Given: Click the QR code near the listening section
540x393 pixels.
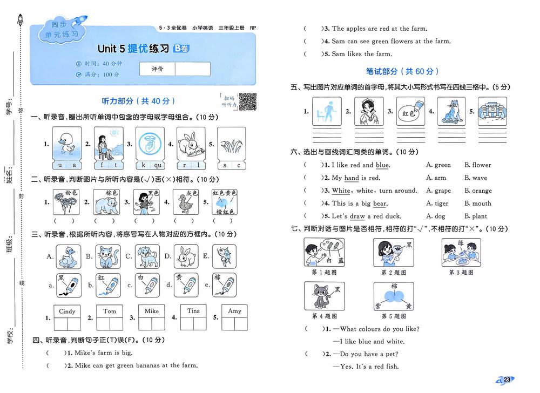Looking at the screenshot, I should [247, 101].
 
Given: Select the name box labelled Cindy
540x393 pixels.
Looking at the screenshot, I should [67, 311].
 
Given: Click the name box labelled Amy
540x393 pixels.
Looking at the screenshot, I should [234, 311].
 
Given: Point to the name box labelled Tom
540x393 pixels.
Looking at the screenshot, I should [110, 311].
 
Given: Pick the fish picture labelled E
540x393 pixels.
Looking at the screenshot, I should [224, 257].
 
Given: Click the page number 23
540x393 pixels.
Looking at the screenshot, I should [507, 380].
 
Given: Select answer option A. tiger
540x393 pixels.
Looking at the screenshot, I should [437, 204].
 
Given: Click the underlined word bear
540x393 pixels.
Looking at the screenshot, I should [380, 204].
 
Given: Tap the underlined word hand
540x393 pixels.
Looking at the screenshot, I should [352, 178].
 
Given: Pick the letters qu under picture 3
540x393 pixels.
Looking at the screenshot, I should [158, 165].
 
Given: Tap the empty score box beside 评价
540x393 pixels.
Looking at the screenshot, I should [192, 69].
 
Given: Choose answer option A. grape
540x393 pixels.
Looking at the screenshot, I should [438, 191].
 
